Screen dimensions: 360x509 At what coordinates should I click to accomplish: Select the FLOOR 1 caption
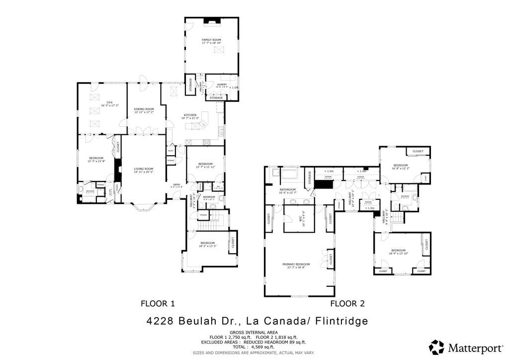click(158, 303)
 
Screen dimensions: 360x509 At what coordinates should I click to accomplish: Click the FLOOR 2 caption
click(348, 303)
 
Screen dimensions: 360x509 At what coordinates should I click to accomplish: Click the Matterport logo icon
click(437, 347)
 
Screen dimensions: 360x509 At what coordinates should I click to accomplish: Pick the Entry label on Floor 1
click(176, 186)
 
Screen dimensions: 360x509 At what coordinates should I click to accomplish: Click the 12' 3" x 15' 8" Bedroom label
click(96, 160)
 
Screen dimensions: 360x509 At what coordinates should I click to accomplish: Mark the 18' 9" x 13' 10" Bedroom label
click(399, 252)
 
